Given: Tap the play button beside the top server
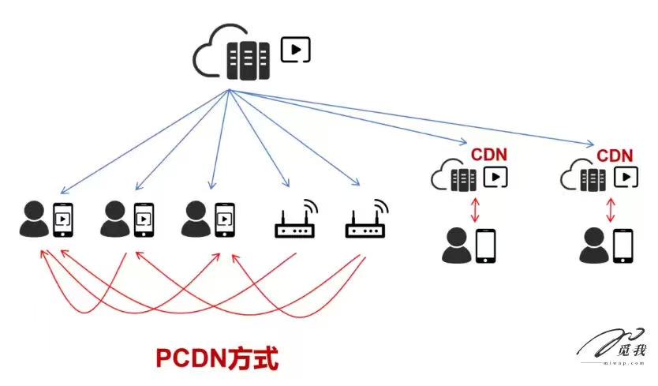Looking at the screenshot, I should pyautogui.click(x=296, y=50).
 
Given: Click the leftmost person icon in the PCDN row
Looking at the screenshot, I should pyautogui.click(x=33, y=219).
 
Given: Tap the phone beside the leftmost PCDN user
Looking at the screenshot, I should pyautogui.click(x=63, y=219).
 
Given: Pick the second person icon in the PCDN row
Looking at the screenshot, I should pyautogui.click(x=114, y=219).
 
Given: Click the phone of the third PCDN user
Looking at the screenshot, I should pyautogui.click(x=224, y=219).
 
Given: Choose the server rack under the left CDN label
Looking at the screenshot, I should pyautogui.click(x=463, y=178).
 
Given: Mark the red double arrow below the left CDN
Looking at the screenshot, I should pyautogui.click(x=475, y=209).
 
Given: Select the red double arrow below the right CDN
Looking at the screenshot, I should pyautogui.click(x=610, y=209).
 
